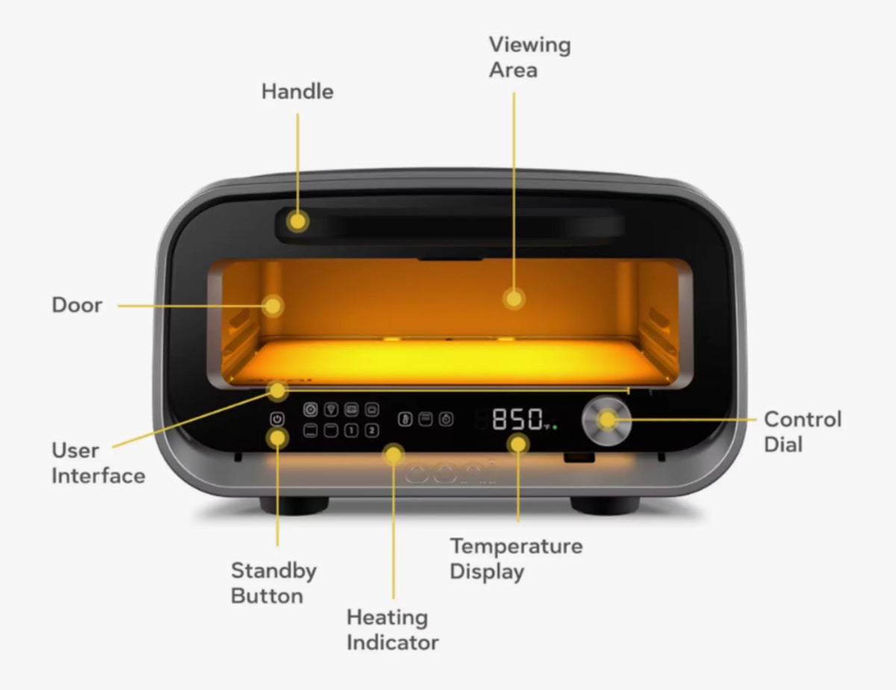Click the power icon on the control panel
coord(277,419)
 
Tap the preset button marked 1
coord(351,431)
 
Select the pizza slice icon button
coord(331,410)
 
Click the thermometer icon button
coord(405,419)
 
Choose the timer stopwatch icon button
coord(446,419)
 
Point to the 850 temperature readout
coord(517,419)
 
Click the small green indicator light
coord(555,427)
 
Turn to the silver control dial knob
coord(606,421)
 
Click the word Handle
coord(297,92)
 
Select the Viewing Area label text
coord(530,57)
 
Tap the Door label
coord(77,305)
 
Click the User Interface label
coord(99,463)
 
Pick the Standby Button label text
coord(274,583)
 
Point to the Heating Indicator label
coord(393,630)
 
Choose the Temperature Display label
coord(516,559)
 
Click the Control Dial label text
coord(803,432)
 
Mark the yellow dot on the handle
coord(298,222)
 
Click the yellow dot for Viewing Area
coord(514,298)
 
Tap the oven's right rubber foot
coord(605,506)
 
